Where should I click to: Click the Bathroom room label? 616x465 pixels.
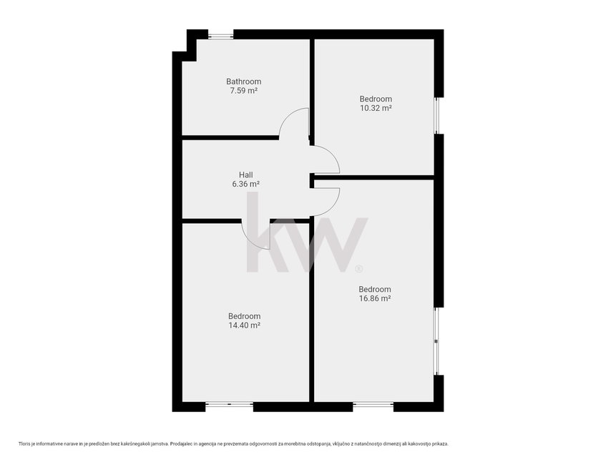[x=243, y=82]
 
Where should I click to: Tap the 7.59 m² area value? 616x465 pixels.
[x=243, y=91]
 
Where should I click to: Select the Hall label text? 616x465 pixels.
[x=246, y=175]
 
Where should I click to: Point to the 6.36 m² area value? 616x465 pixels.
[x=246, y=184]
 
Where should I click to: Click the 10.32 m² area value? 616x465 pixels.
[x=376, y=108]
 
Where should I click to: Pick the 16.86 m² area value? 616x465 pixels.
[x=375, y=298]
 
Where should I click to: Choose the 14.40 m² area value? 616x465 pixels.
[x=245, y=325]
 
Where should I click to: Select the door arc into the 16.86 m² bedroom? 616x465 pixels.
[x=333, y=206]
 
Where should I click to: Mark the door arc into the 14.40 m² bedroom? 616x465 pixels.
[x=249, y=240]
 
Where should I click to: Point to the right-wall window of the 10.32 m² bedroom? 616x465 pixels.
[x=437, y=115]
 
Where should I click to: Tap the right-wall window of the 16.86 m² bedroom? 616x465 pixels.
[x=437, y=341]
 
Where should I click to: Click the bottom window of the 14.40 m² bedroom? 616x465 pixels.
[x=230, y=403]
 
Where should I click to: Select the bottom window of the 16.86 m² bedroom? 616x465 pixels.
[x=373, y=403]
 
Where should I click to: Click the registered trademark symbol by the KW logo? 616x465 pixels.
[x=358, y=269]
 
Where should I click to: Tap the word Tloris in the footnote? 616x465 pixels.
[x=24, y=444]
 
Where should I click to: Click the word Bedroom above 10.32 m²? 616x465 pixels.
[x=376, y=99]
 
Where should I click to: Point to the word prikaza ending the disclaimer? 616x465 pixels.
[x=440, y=444]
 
